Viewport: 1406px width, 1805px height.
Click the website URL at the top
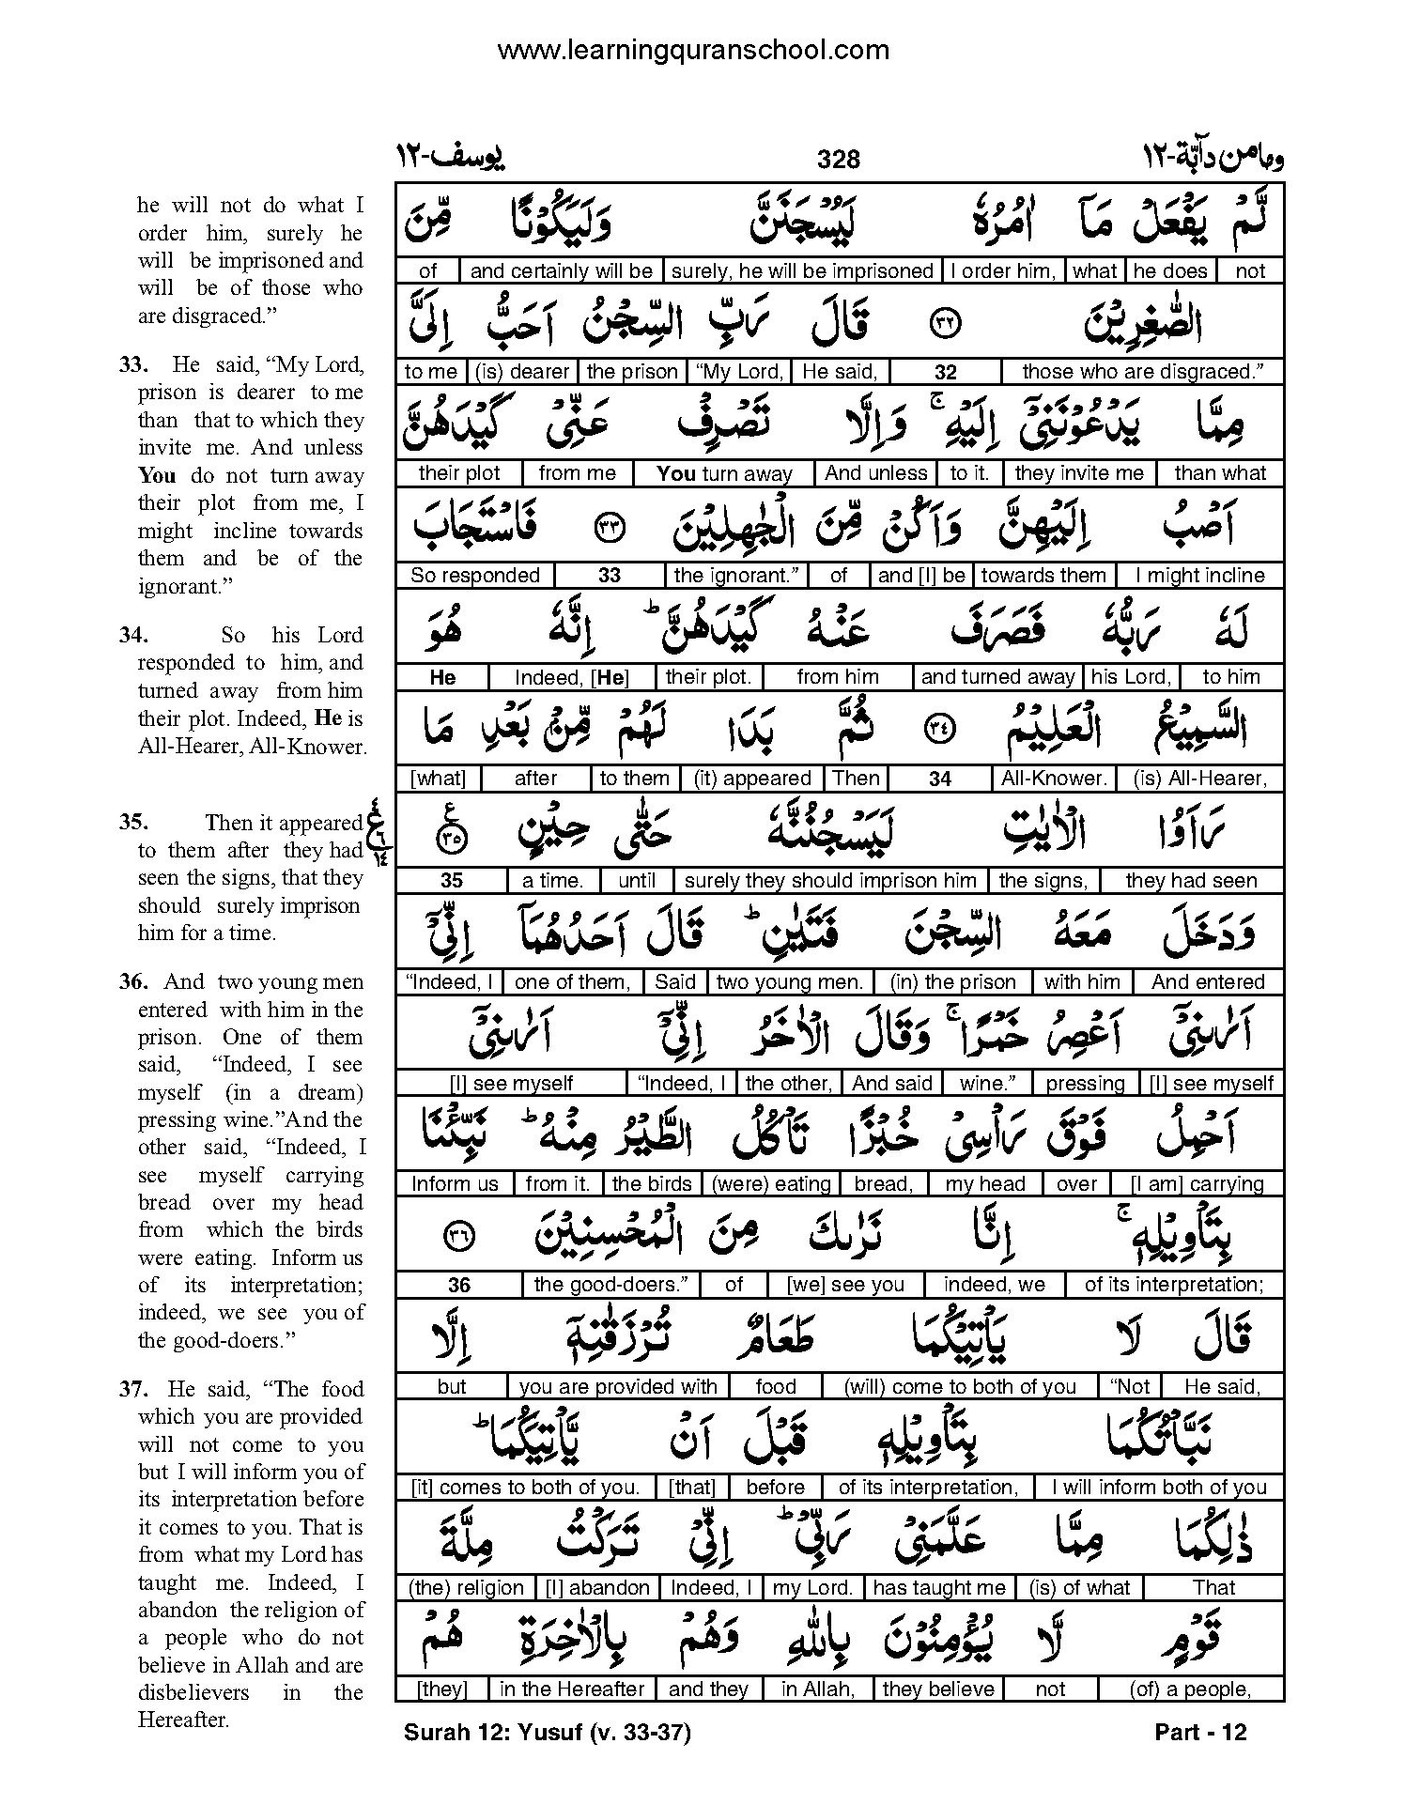tap(693, 49)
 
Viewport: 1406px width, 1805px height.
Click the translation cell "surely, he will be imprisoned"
tap(803, 271)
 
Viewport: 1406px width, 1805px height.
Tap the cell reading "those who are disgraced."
tap(1141, 372)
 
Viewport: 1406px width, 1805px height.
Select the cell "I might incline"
tap(1200, 575)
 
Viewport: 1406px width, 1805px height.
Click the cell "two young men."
tap(789, 982)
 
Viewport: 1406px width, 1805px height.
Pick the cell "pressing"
tap(1085, 1083)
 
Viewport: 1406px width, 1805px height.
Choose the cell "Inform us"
tap(455, 1183)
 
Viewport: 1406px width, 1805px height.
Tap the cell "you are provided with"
tap(618, 1386)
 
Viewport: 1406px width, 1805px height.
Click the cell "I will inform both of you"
tap(1159, 1487)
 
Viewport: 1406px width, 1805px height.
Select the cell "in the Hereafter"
tap(572, 1689)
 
